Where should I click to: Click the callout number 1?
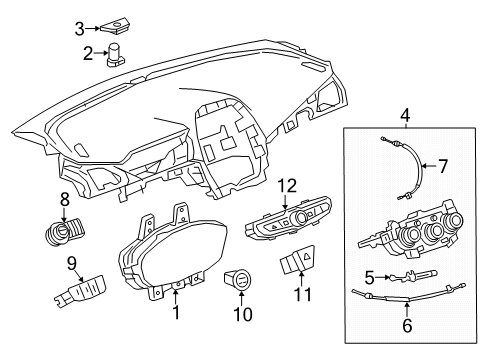point(177,314)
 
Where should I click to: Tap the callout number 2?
point(88,52)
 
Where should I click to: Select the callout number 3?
point(80,29)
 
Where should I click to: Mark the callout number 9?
point(71,265)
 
